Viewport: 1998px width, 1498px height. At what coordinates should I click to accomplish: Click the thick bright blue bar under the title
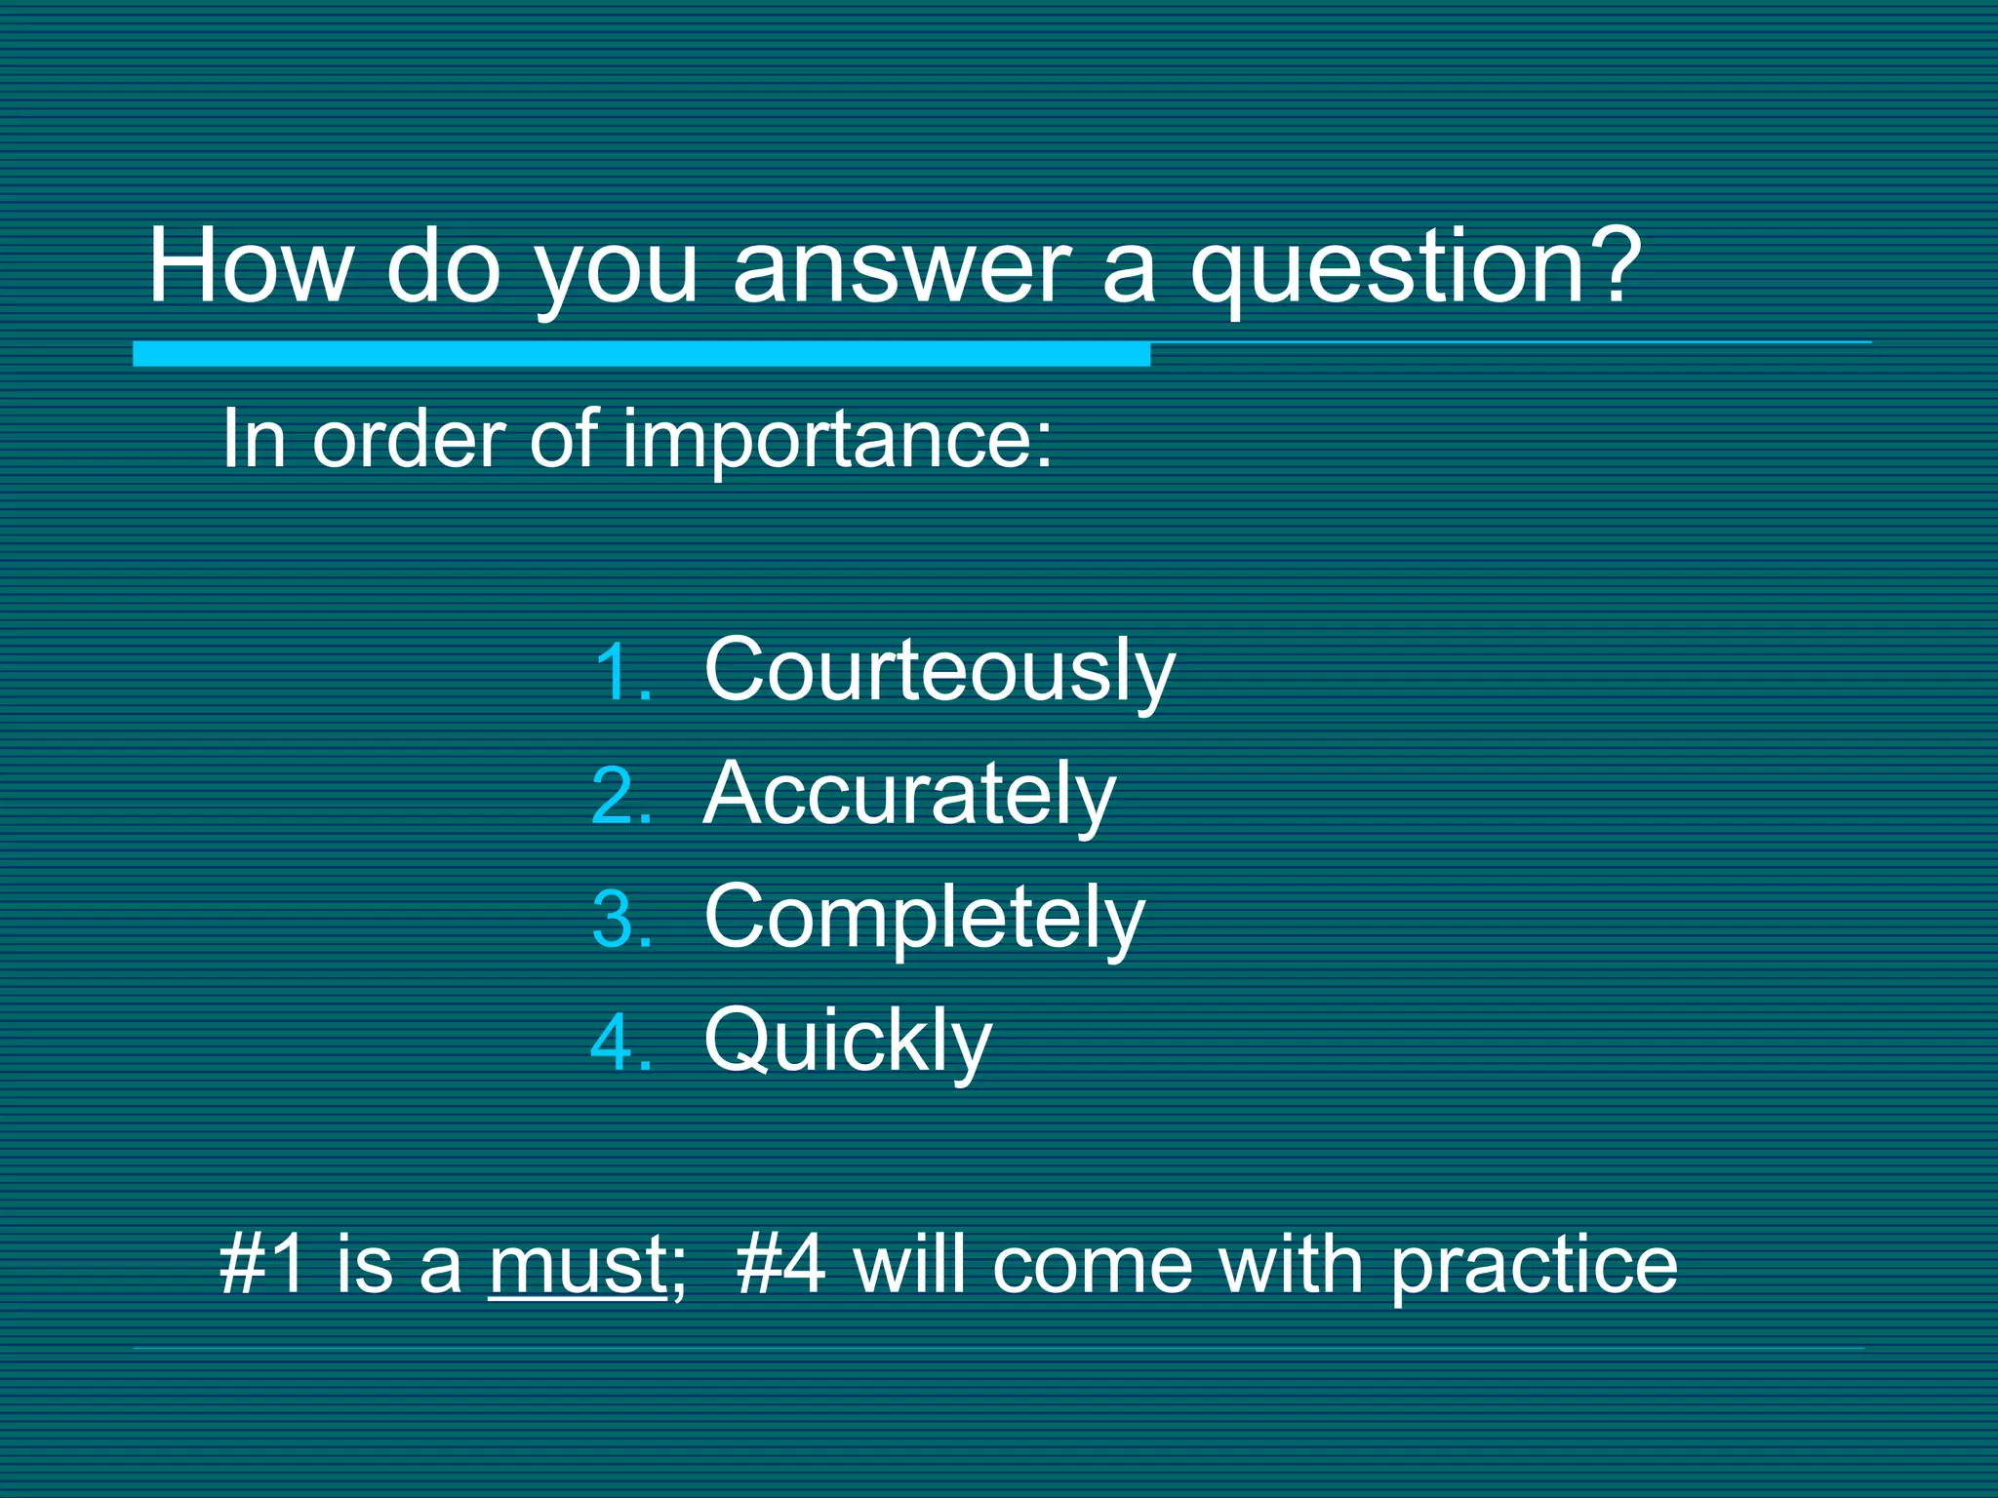tap(641, 354)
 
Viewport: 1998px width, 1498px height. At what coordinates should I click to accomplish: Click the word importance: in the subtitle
tap(838, 442)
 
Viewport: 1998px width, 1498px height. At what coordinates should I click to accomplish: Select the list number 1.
tap(621, 672)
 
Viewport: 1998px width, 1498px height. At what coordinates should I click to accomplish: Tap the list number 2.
tap(621, 795)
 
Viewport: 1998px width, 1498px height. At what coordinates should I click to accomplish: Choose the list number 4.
tap(621, 1042)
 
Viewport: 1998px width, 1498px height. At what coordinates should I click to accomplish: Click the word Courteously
tap(939, 672)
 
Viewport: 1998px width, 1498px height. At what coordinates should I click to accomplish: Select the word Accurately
tap(908, 795)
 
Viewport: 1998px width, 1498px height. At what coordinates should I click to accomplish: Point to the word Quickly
tap(848, 1042)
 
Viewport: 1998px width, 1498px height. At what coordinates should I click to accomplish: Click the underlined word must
tap(578, 1265)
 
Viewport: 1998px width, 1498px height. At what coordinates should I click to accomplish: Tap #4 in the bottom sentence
tap(781, 1265)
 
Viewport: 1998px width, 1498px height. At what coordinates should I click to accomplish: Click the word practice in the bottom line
tap(1533, 1267)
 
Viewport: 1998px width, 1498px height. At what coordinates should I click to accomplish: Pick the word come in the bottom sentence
tap(1092, 1267)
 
